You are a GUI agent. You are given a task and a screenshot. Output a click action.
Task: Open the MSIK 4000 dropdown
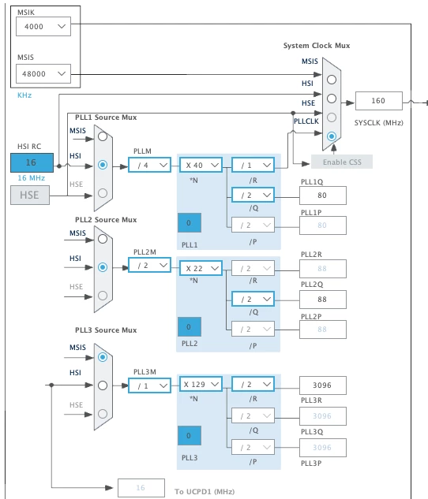pyautogui.click(x=43, y=27)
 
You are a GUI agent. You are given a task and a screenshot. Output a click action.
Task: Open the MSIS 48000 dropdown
pyautogui.click(x=43, y=74)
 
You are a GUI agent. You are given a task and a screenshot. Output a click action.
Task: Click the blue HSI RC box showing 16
pyautogui.click(x=32, y=162)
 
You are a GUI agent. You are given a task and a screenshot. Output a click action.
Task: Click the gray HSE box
pyautogui.click(x=30, y=195)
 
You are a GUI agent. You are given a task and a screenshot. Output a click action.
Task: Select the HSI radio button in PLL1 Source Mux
pyautogui.click(x=103, y=165)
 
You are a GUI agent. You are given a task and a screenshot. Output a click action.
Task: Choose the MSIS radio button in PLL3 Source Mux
pyautogui.click(x=103, y=357)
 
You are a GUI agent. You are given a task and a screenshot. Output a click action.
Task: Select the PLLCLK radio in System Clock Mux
pyautogui.click(x=332, y=136)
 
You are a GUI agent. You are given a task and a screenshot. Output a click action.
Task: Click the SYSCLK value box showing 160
pyautogui.click(x=379, y=101)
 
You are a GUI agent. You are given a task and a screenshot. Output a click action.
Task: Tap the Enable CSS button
pyautogui.click(x=342, y=162)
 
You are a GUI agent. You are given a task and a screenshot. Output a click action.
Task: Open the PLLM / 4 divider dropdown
pyautogui.click(x=149, y=166)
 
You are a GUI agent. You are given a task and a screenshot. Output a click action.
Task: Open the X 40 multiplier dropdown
pyautogui.click(x=201, y=166)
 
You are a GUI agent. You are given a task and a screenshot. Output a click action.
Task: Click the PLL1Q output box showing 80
pyautogui.click(x=323, y=196)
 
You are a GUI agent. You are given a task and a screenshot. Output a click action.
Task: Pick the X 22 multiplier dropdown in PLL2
pyautogui.click(x=201, y=268)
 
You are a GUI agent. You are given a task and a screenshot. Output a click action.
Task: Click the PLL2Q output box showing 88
pyautogui.click(x=323, y=300)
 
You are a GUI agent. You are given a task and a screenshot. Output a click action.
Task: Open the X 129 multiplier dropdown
pyautogui.click(x=201, y=385)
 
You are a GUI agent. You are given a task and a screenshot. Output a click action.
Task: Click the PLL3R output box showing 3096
pyautogui.click(x=323, y=385)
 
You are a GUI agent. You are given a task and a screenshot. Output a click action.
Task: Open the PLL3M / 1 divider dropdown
pyautogui.click(x=149, y=385)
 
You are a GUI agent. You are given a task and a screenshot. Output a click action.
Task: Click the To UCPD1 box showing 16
pyautogui.click(x=141, y=488)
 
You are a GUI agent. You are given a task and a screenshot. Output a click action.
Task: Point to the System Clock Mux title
pyautogui.click(x=317, y=46)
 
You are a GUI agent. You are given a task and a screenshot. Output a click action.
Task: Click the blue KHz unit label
pyautogui.click(x=24, y=95)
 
